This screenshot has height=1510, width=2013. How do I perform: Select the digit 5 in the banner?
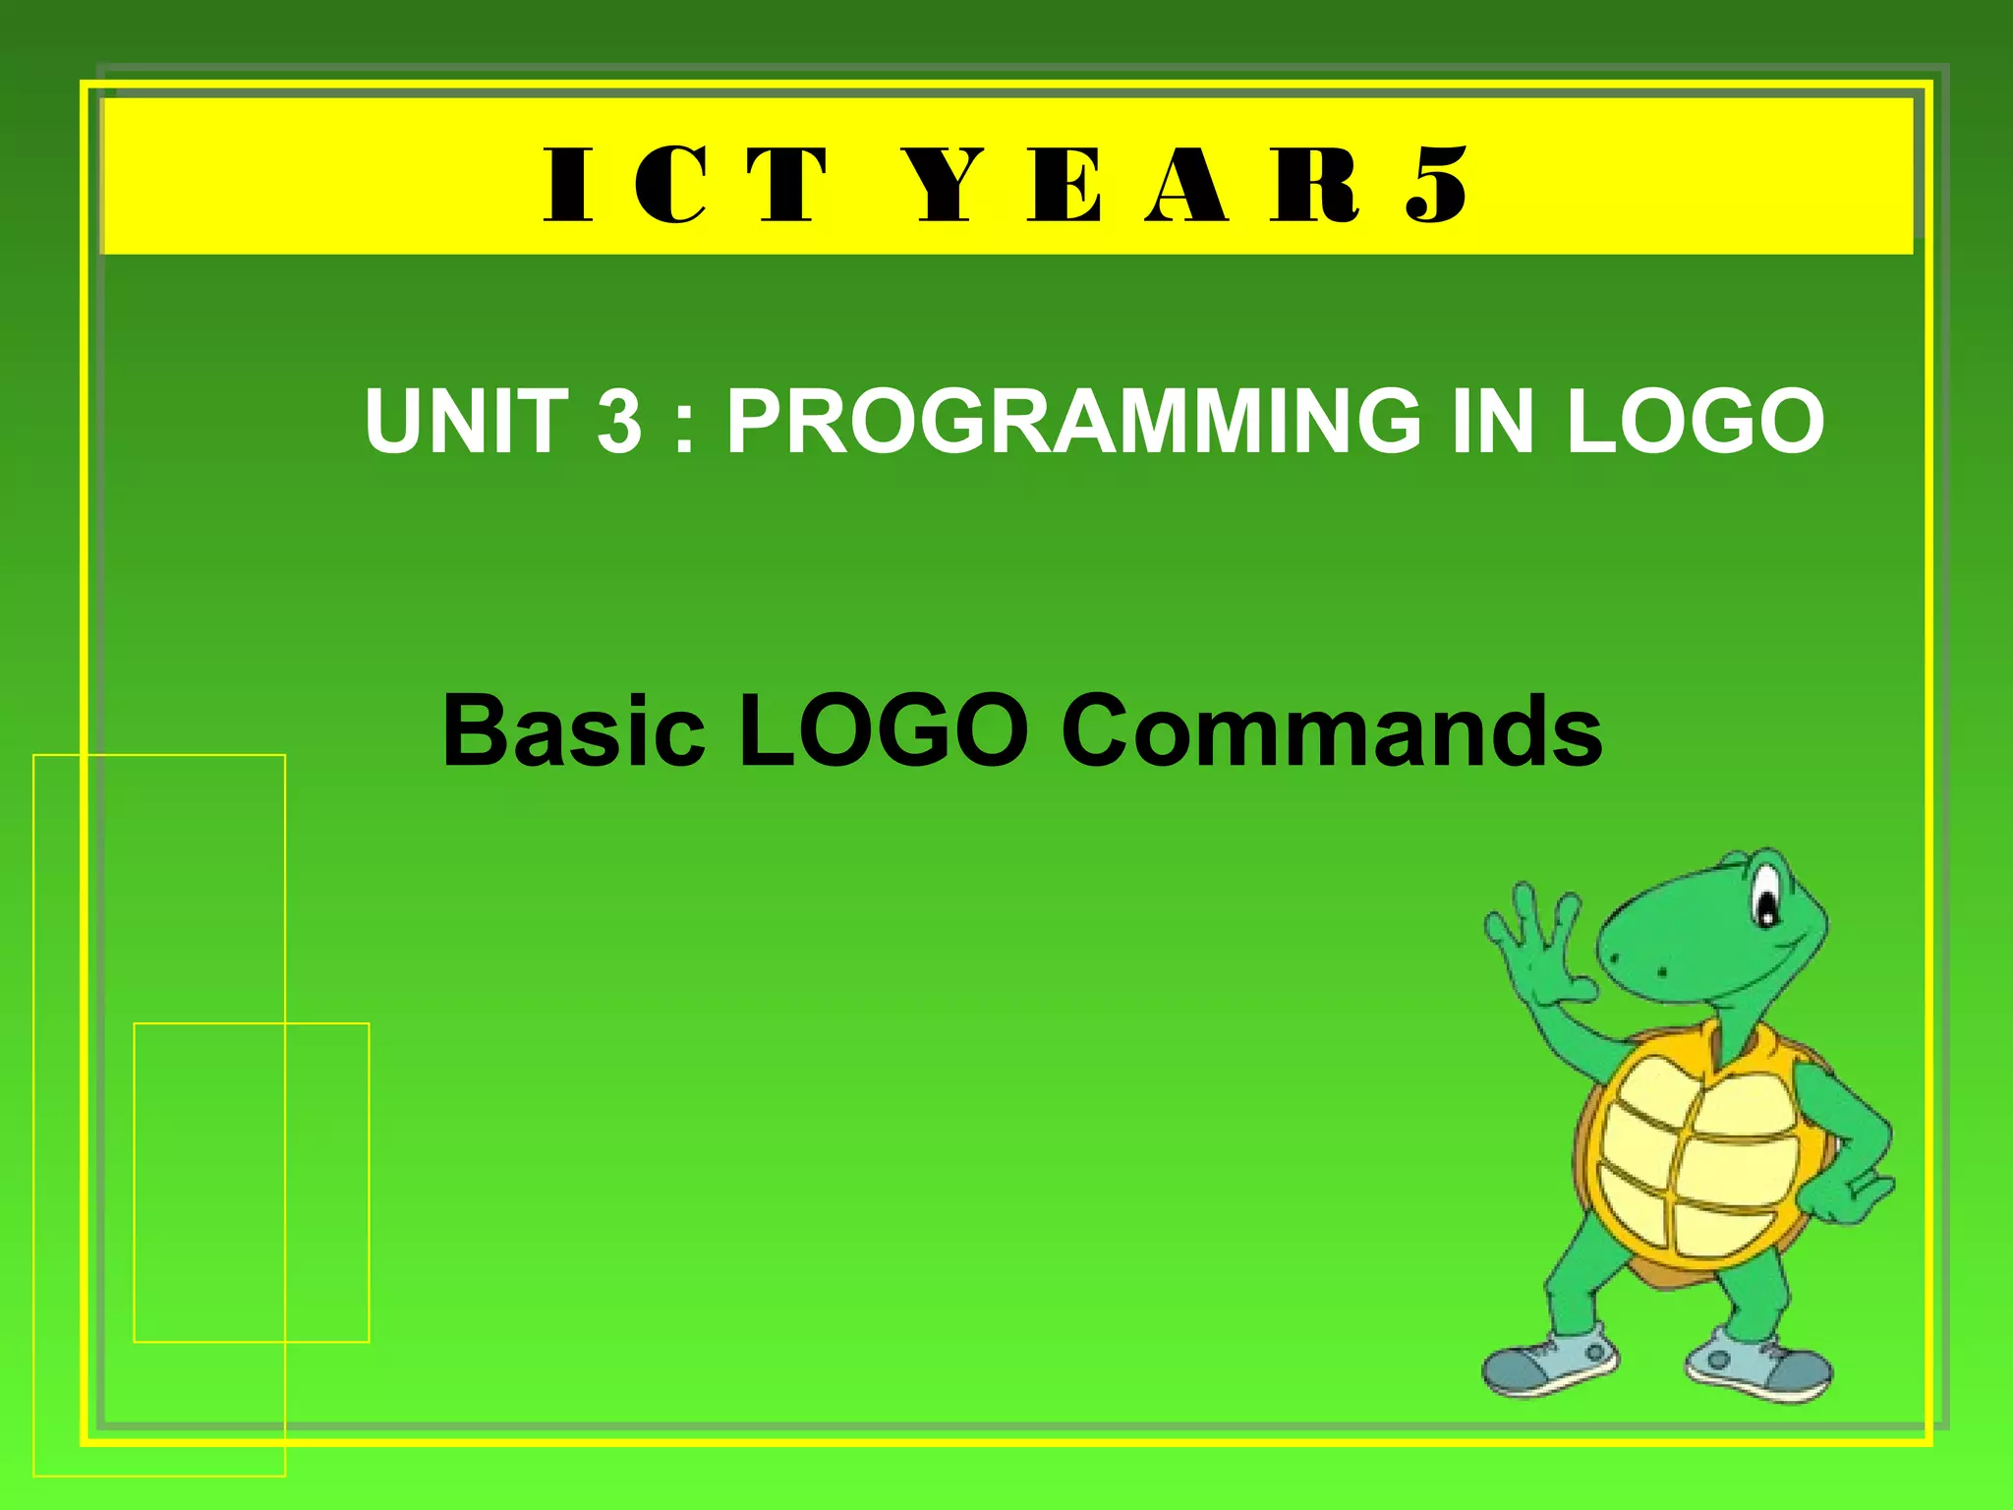pyautogui.click(x=1437, y=186)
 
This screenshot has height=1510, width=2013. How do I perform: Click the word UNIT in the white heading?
pyautogui.click(x=467, y=421)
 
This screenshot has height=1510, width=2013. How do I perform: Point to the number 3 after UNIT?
pyautogui.click(x=619, y=421)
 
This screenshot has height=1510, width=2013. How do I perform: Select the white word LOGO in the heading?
pyautogui.click(x=1695, y=421)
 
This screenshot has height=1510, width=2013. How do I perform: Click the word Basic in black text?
pyautogui.click(x=574, y=731)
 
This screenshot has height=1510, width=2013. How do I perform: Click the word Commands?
pyautogui.click(x=1332, y=731)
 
